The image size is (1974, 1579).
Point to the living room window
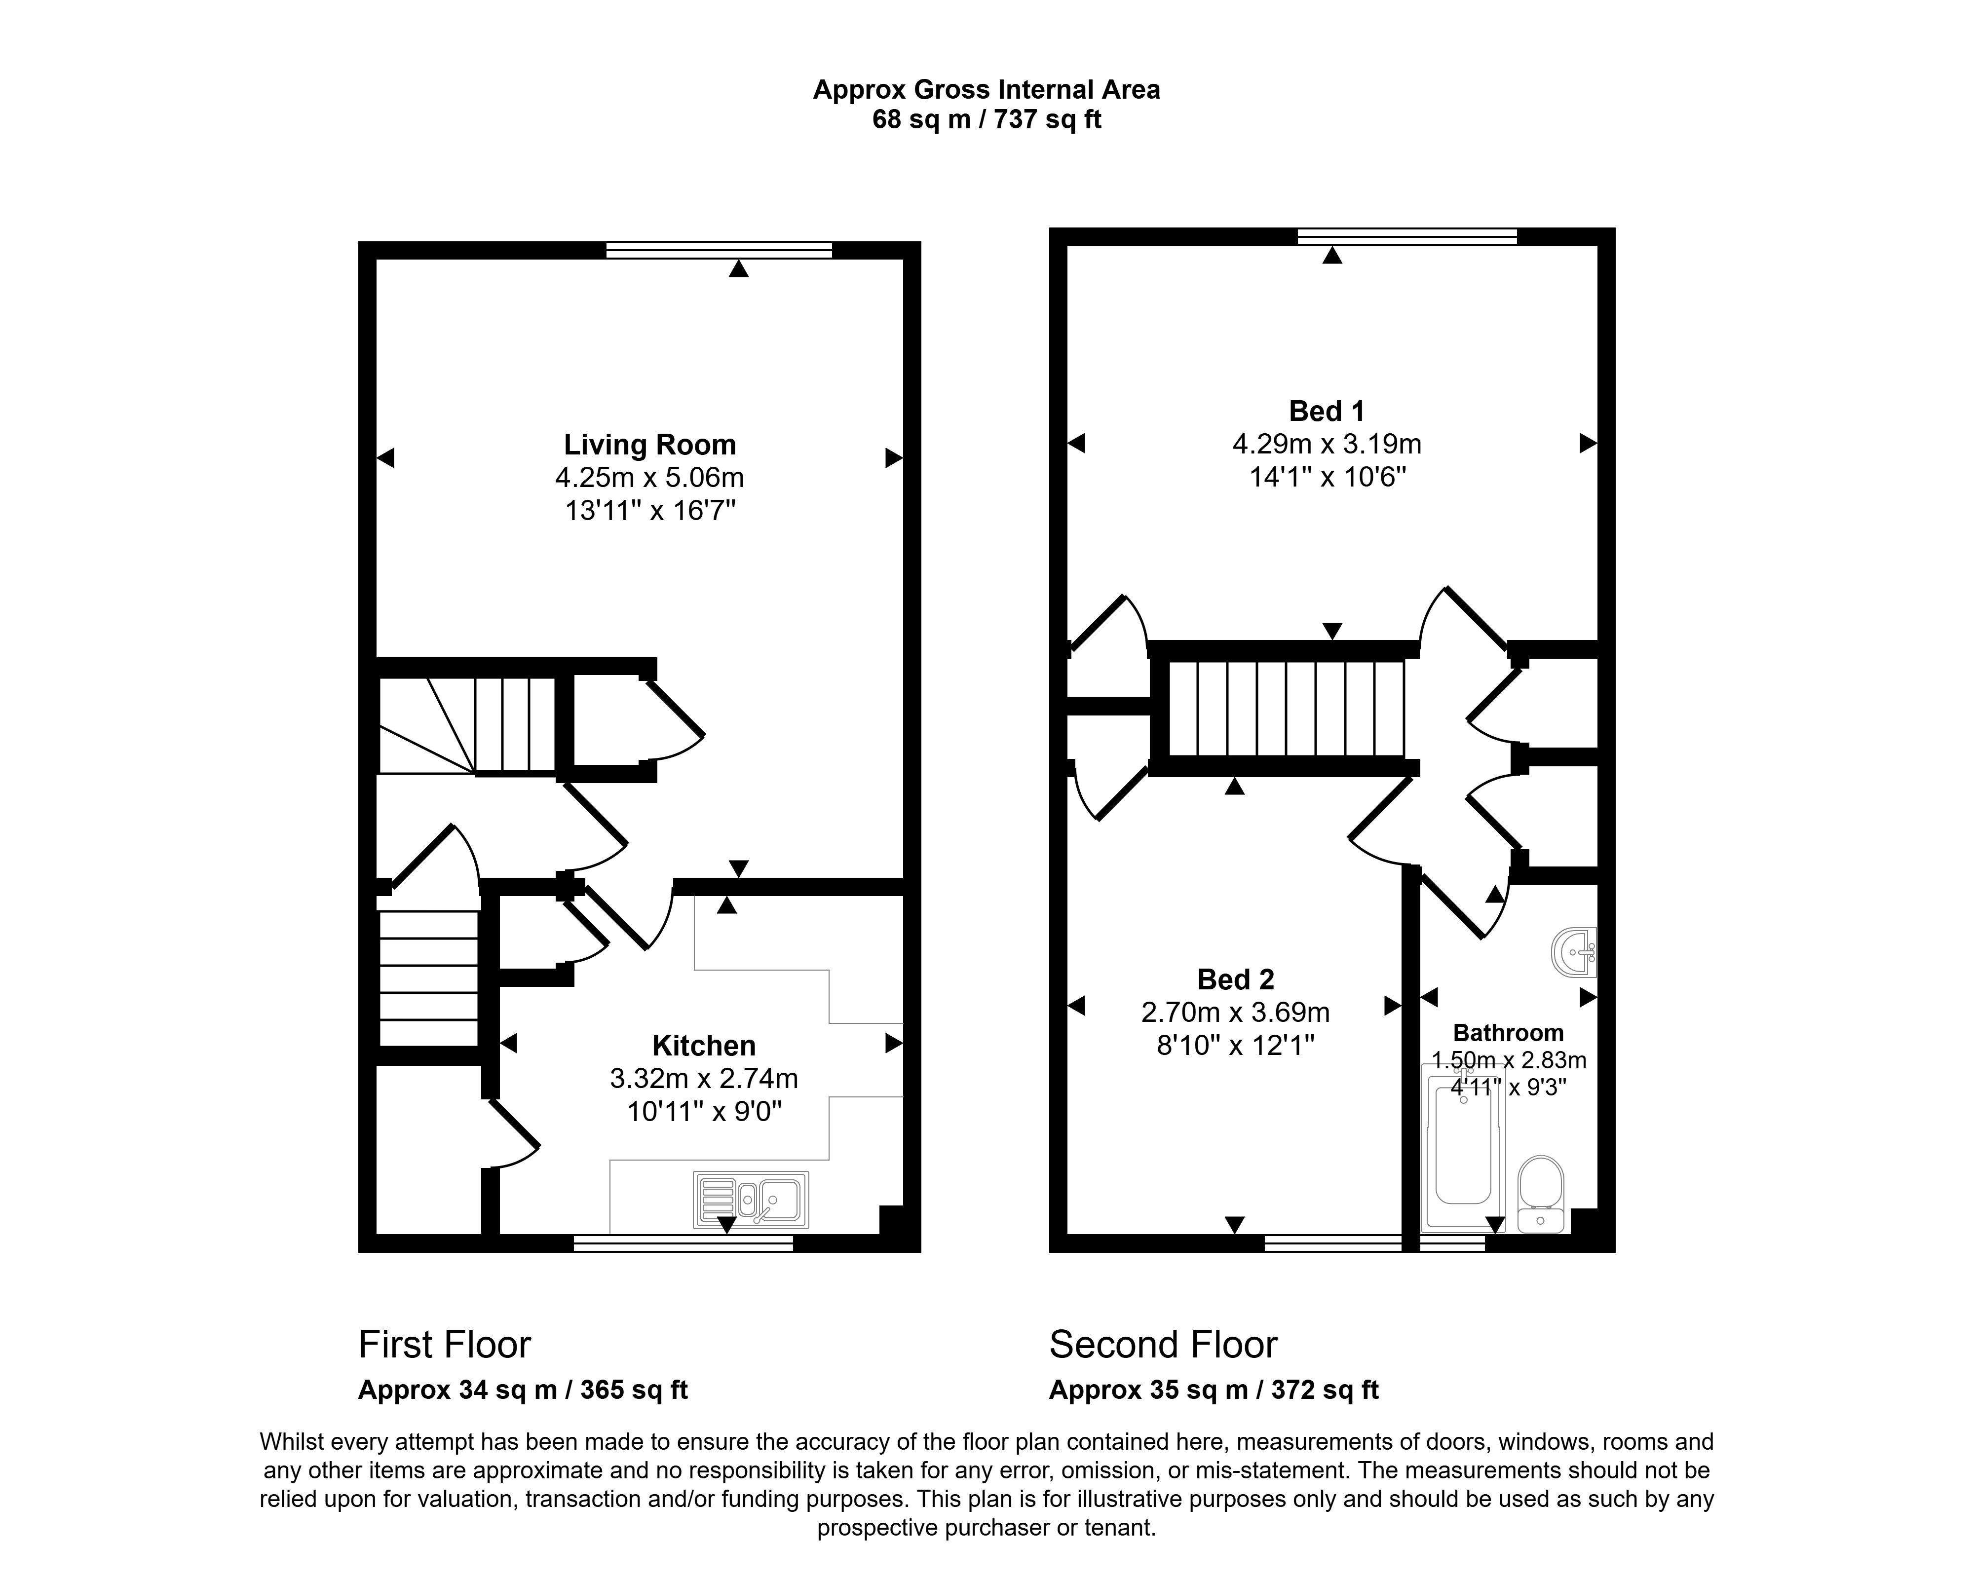[719, 250]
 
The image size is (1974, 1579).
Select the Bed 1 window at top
[1407, 236]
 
